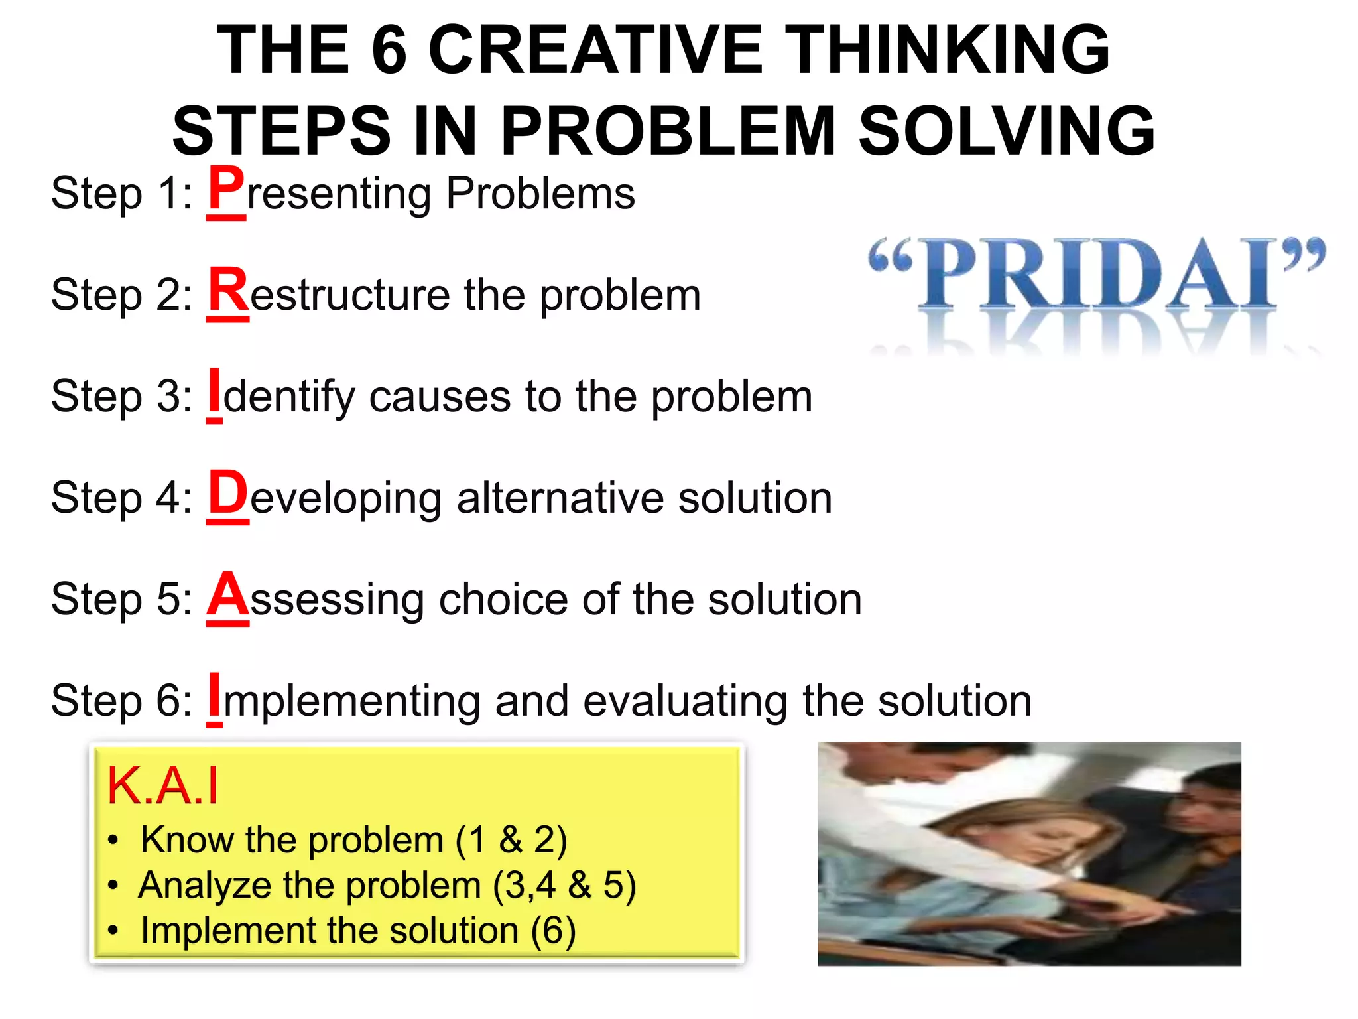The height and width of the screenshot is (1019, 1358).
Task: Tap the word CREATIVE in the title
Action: pos(595,50)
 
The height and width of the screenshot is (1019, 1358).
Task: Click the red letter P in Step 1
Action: pos(226,188)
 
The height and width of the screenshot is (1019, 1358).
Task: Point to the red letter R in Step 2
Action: pos(228,290)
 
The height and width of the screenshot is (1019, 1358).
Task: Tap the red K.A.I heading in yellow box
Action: pos(162,786)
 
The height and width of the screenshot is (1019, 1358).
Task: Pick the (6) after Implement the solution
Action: pos(553,931)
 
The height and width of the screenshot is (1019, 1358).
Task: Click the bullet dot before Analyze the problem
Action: pos(113,886)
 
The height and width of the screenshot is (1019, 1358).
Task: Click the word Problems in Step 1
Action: pos(540,193)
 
